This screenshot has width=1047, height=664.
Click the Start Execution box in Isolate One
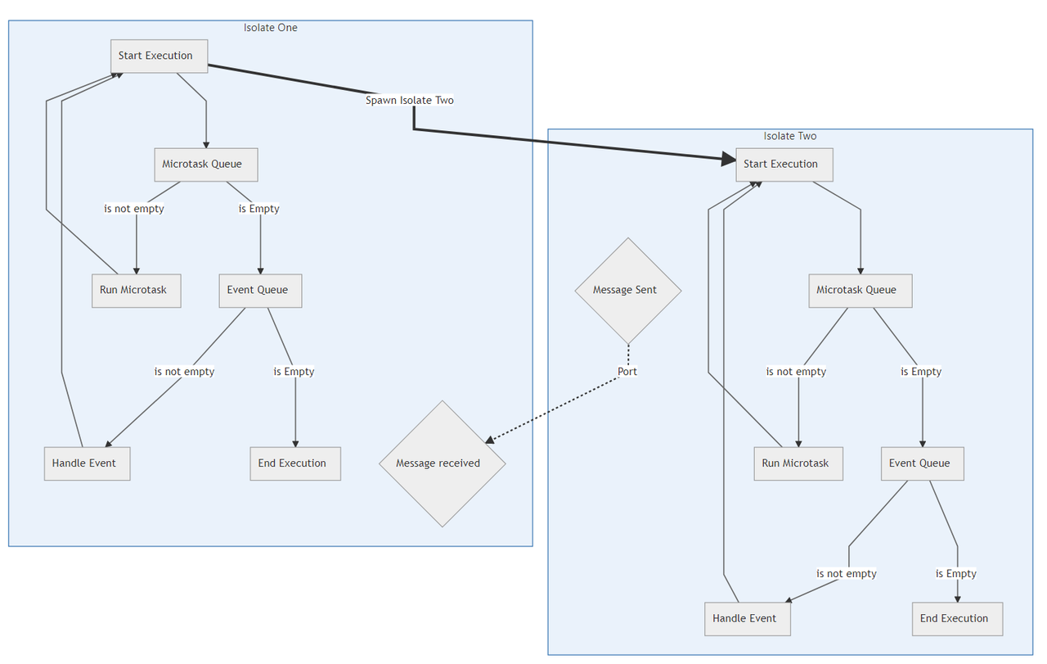click(159, 56)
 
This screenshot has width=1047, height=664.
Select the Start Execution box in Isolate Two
click(784, 164)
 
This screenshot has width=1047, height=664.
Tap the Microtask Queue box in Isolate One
click(205, 164)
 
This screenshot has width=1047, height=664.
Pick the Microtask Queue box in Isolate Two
click(860, 290)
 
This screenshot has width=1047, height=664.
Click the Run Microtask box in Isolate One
click(136, 290)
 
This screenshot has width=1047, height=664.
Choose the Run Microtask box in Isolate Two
click(798, 463)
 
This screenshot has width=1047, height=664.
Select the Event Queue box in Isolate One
click(260, 290)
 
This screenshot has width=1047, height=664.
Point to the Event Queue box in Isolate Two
click(922, 463)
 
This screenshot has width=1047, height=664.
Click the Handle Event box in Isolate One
click(87, 463)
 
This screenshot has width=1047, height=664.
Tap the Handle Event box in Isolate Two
click(747, 618)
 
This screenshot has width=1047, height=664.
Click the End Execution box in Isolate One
click(294, 463)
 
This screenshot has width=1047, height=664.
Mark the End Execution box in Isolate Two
click(957, 618)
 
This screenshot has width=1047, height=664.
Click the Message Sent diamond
click(627, 290)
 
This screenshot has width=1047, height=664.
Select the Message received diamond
click(442, 463)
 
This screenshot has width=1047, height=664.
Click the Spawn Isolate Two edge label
click(409, 100)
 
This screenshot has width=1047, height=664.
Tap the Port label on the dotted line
click(627, 371)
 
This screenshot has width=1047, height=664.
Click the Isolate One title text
click(270, 28)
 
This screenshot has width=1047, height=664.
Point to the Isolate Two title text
click(789, 136)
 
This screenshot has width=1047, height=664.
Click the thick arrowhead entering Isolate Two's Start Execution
click(729, 160)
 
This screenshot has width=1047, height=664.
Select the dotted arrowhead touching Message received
click(490, 440)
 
